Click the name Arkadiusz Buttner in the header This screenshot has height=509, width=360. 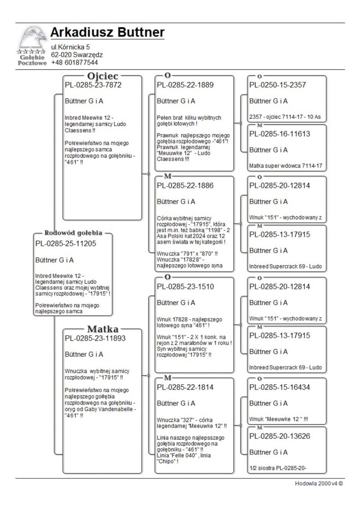pos(107,33)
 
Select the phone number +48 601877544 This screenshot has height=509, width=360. pos(74,63)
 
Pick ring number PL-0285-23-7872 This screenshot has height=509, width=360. pos(93,85)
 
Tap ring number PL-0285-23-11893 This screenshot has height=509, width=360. pos(95,338)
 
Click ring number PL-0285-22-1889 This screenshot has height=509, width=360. pos(185,85)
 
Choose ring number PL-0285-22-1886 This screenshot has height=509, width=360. pos(185,185)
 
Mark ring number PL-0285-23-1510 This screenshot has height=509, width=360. pos(185,286)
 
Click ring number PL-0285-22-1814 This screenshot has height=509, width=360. pos(185,387)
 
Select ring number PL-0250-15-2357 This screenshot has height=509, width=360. pos(278,85)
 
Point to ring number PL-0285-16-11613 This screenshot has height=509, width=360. pos(279,134)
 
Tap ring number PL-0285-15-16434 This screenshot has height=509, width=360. pos(279,387)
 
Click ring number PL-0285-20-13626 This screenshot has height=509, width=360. pos(279,436)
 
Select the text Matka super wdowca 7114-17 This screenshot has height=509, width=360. pos(286,166)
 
